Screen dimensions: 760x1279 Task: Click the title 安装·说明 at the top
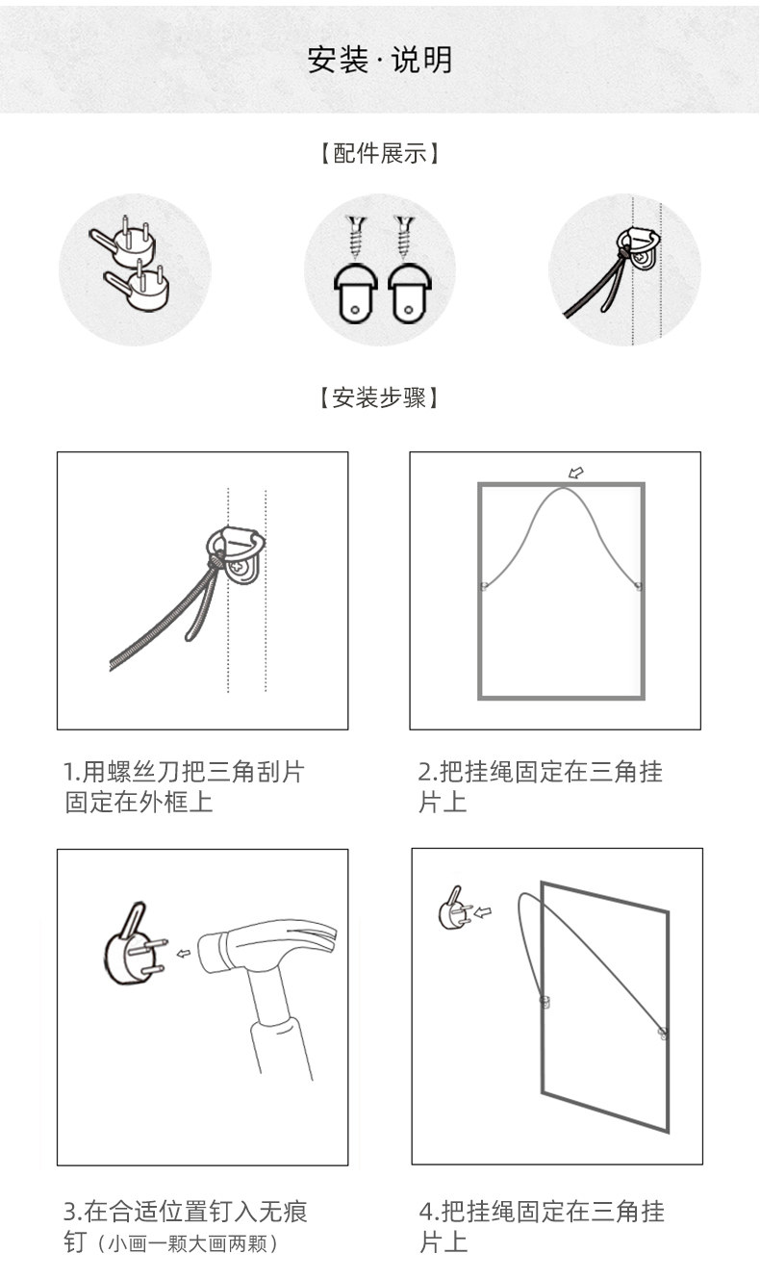[380, 60]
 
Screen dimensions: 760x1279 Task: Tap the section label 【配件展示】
[379, 154]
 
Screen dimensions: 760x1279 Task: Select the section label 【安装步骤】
[379, 397]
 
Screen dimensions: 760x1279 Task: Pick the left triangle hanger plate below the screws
[355, 294]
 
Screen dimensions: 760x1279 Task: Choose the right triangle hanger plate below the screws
[410, 294]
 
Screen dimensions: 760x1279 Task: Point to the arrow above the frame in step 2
[575, 473]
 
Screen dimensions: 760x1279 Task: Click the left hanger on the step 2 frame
[483, 586]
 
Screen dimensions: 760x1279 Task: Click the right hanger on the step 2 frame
[639, 586]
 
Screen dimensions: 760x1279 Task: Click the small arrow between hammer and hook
[183, 953]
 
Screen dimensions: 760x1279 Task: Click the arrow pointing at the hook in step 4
[483, 912]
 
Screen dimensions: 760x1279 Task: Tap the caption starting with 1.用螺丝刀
[184, 787]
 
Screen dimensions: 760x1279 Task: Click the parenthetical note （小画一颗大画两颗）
[188, 1243]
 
